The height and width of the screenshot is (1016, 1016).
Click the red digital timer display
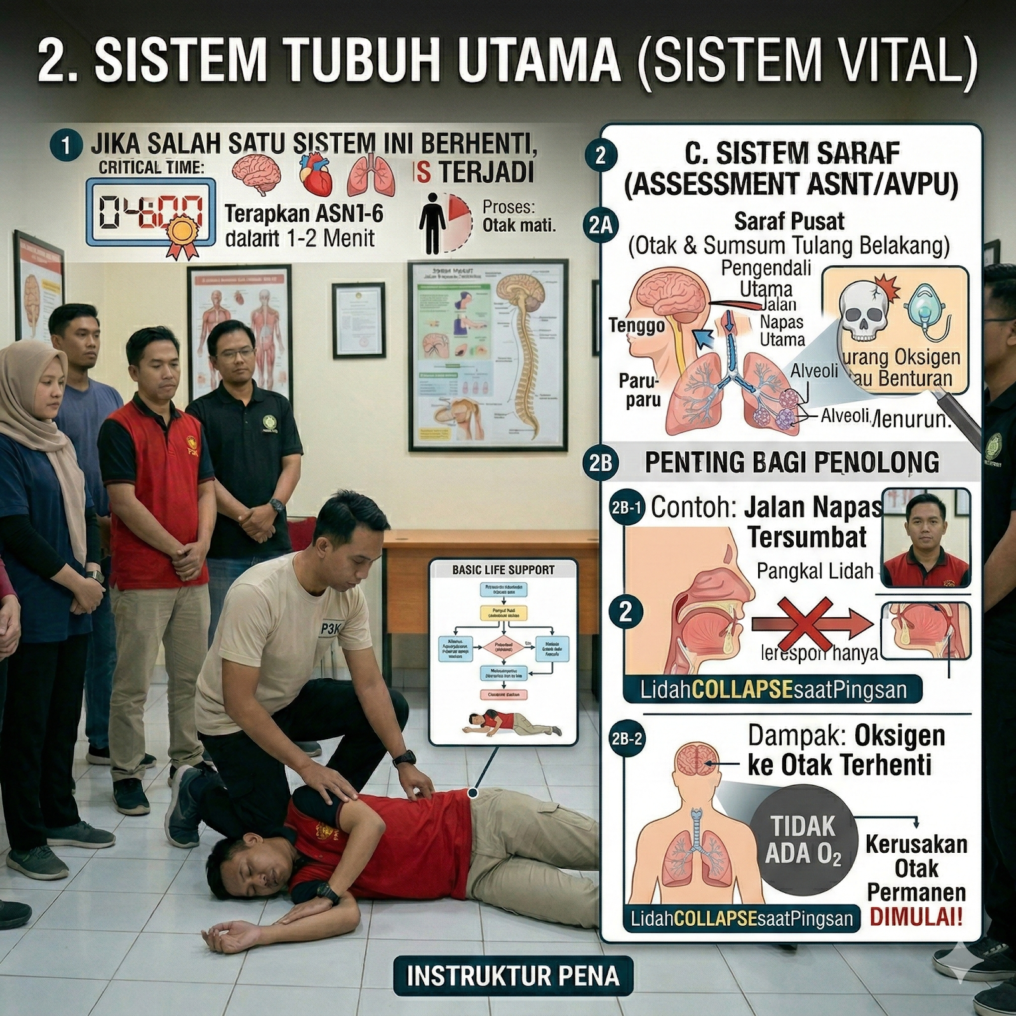pyautogui.click(x=150, y=212)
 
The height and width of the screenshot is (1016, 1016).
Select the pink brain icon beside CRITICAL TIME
pyautogui.click(x=257, y=175)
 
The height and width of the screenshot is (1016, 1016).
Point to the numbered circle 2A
pyautogui.click(x=600, y=225)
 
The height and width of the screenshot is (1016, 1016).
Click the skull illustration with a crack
pyautogui.click(x=864, y=311)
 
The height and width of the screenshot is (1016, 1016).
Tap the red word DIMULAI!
pyautogui.click(x=916, y=917)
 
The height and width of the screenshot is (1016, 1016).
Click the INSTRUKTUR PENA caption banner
pyautogui.click(x=512, y=976)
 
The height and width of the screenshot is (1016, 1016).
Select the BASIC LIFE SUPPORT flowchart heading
pyautogui.click(x=503, y=570)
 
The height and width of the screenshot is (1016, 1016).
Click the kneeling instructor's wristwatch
pyautogui.click(x=404, y=758)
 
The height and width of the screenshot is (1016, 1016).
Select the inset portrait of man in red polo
pyautogui.click(x=926, y=537)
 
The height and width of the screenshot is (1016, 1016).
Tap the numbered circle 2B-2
pyautogui.click(x=626, y=739)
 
